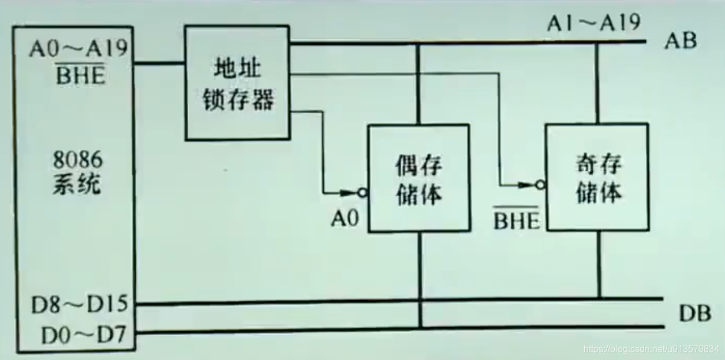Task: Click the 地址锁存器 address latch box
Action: click(x=237, y=82)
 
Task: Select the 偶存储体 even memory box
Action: click(x=418, y=179)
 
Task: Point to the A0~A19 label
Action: click(x=78, y=50)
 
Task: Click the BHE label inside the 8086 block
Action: click(x=80, y=75)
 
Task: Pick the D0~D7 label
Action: click(x=83, y=334)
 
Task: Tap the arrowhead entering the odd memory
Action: click(x=526, y=185)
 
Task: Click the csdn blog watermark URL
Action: click(x=651, y=349)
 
